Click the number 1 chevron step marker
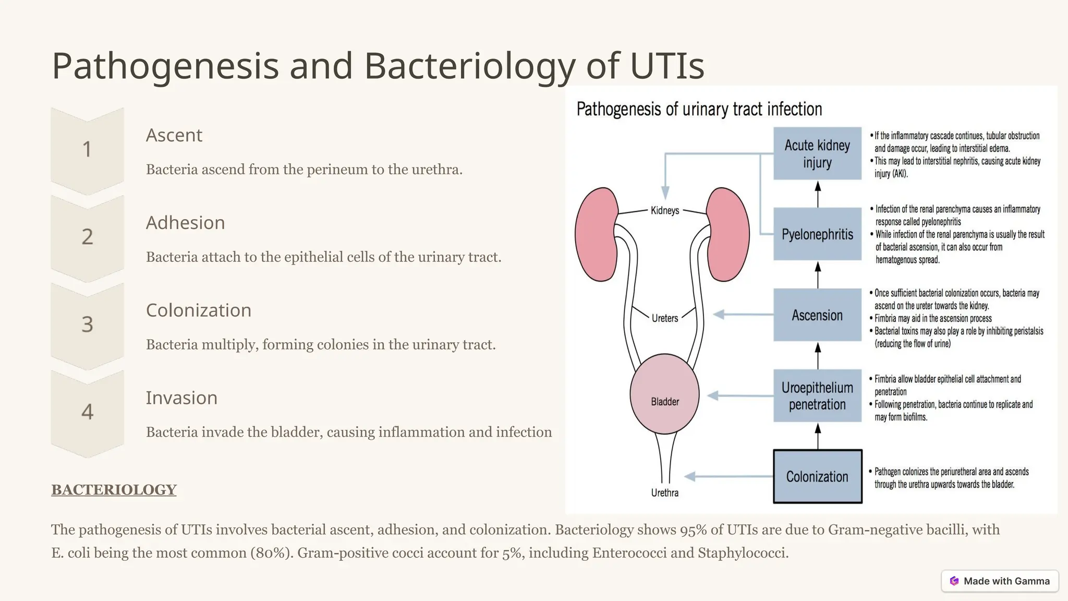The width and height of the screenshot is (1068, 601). (x=87, y=150)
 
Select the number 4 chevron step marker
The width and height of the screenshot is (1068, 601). (x=87, y=412)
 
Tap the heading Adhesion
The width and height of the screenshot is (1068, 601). (x=185, y=223)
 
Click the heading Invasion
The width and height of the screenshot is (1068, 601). (x=181, y=398)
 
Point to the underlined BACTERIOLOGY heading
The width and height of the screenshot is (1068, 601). (x=114, y=490)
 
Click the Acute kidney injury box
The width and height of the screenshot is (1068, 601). (x=817, y=153)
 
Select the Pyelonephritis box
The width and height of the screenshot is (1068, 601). (x=817, y=234)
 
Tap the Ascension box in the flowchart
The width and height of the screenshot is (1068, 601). (x=817, y=315)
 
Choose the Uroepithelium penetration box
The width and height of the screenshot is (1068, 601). (x=817, y=396)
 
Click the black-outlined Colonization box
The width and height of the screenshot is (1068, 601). (x=817, y=476)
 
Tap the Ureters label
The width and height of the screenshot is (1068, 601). (x=664, y=318)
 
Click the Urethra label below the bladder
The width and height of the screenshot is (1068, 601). (x=664, y=493)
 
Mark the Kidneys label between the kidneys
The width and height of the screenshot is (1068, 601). (x=664, y=211)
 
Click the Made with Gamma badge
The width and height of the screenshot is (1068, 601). (x=1000, y=581)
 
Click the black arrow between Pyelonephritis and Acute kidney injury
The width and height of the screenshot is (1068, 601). (x=818, y=194)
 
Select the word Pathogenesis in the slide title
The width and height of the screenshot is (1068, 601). (x=165, y=66)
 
